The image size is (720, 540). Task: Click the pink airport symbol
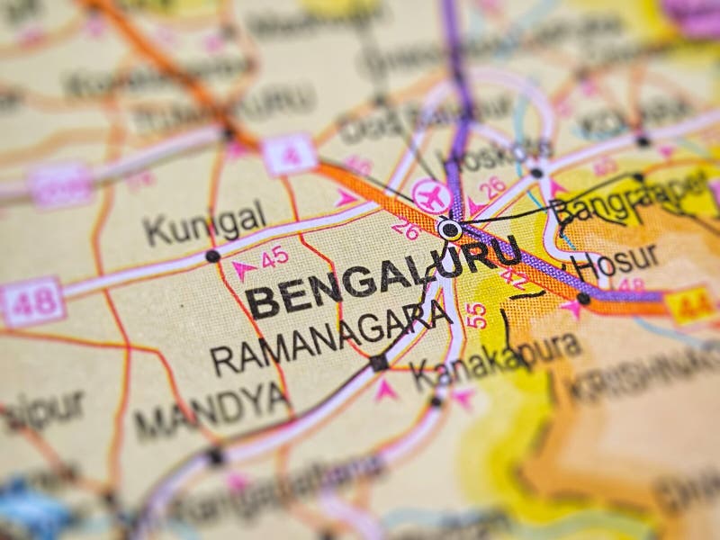click(x=430, y=195)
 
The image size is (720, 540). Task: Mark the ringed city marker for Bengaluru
click(x=450, y=229)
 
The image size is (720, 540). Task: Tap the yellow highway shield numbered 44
click(x=691, y=305)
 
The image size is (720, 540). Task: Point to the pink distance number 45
click(x=274, y=258)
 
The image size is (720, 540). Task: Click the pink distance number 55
click(x=477, y=315)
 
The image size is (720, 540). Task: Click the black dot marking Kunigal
click(x=212, y=256)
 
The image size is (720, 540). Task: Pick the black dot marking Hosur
click(x=583, y=298)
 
